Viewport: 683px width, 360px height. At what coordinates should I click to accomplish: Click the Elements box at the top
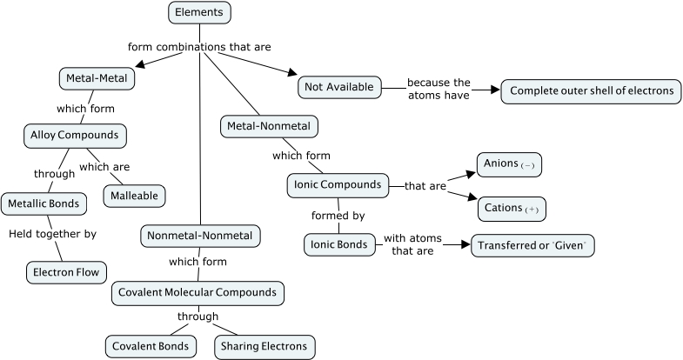pyautogui.click(x=199, y=12)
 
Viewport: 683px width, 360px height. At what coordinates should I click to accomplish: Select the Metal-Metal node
pyautogui.click(x=97, y=78)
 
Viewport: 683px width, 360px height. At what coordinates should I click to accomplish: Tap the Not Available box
pyautogui.click(x=338, y=86)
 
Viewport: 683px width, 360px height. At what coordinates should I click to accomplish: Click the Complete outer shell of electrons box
pyautogui.click(x=591, y=90)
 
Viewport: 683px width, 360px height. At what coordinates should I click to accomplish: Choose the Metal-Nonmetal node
pyautogui.click(x=269, y=126)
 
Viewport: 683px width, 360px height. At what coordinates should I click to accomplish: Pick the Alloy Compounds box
pyautogui.click(x=74, y=136)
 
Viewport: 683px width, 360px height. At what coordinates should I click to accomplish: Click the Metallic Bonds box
pyautogui.click(x=44, y=203)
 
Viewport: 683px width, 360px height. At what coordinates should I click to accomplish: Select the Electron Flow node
pyautogui.click(x=66, y=271)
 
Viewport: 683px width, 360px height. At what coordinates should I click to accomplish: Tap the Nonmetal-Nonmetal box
pyautogui.click(x=200, y=236)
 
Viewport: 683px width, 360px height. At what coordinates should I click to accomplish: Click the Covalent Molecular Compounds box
pyautogui.click(x=199, y=293)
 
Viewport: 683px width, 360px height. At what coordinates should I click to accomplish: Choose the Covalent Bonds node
pyautogui.click(x=145, y=346)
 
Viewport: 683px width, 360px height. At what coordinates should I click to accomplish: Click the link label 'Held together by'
pyautogui.click(x=53, y=233)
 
